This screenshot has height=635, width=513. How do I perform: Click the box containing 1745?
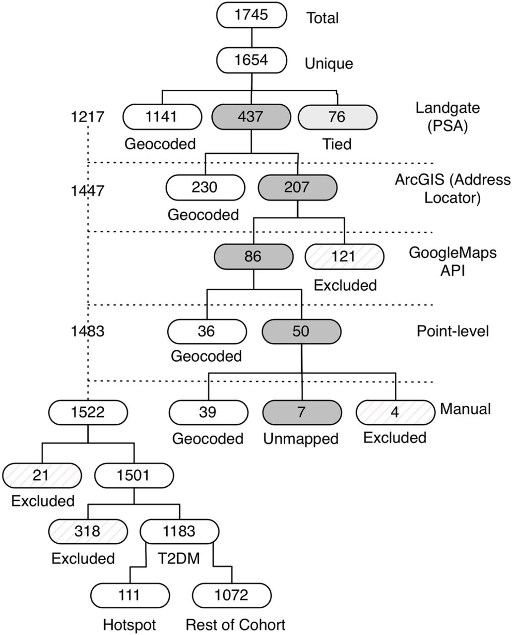[x=251, y=15]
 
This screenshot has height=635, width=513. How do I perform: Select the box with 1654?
[x=251, y=60]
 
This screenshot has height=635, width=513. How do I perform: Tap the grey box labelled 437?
[x=251, y=117]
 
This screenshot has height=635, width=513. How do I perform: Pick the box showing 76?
[x=337, y=117]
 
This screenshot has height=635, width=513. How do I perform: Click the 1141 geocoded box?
[x=162, y=117]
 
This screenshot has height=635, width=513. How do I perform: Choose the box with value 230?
[x=205, y=188]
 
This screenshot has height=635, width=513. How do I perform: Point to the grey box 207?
[x=297, y=188]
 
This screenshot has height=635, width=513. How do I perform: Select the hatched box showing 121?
[x=344, y=256]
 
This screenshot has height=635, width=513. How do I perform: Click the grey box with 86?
[x=254, y=256]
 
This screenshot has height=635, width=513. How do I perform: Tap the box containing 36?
[x=207, y=331]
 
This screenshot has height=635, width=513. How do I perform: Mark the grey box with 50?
[x=301, y=331]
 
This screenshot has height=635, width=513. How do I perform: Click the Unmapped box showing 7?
[x=302, y=412]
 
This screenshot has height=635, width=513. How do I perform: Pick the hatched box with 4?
[x=395, y=412]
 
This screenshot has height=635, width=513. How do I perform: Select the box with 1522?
[x=88, y=412]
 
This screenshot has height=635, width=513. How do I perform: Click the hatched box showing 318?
[x=88, y=531]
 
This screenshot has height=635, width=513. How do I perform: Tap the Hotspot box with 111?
[x=130, y=595]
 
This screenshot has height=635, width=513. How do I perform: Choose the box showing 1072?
[x=232, y=595]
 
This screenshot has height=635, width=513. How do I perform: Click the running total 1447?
[x=87, y=191]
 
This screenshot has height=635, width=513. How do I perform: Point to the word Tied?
[x=337, y=144]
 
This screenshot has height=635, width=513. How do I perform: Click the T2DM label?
[x=179, y=559]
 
